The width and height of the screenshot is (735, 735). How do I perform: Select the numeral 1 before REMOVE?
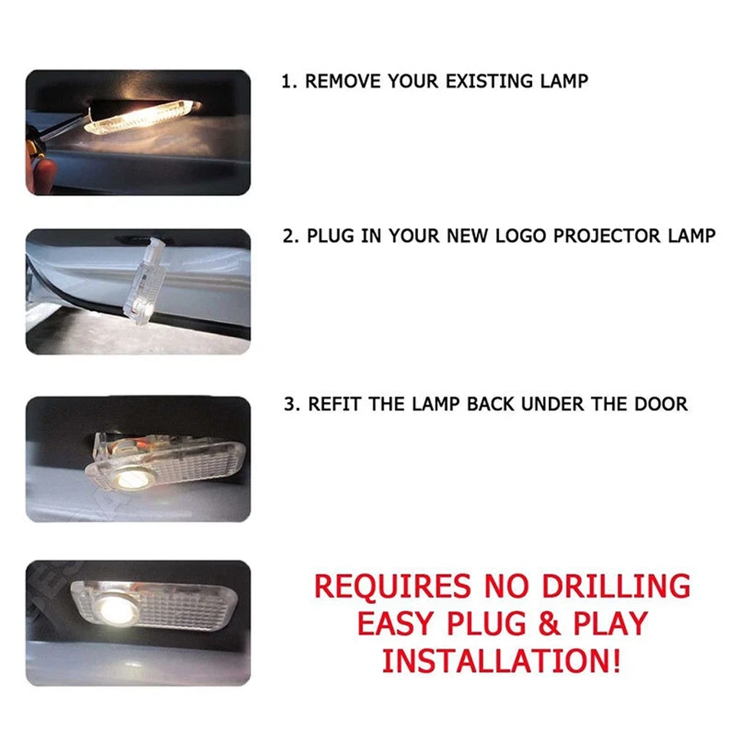(x=286, y=82)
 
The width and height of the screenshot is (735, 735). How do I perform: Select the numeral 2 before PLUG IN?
(x=289, y=236)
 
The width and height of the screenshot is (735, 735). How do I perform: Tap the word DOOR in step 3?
(x=661, y=404)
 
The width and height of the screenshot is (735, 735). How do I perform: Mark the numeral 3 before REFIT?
(x=289, y=404)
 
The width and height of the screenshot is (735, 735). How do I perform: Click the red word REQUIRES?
(x=392, y=586)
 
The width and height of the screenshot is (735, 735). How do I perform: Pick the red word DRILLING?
(x=616, y=586)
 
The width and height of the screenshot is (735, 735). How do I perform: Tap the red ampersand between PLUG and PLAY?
(x=550, y=623)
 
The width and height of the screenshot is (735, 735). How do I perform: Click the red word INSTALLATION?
(x=501, y=661)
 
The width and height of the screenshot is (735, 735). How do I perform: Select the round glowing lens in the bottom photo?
(x=117, y=609)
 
